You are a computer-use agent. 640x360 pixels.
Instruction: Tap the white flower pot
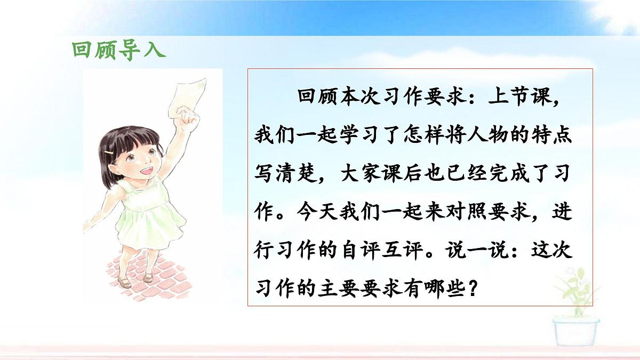coord(575,330)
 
